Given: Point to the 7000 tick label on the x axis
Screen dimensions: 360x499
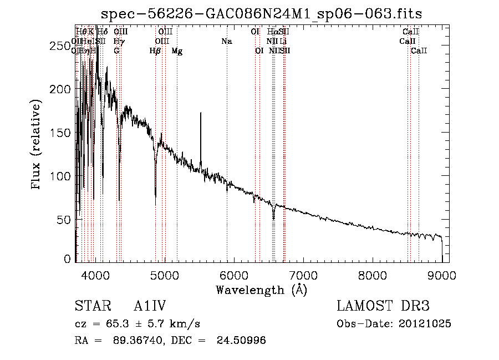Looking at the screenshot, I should coord(303,275).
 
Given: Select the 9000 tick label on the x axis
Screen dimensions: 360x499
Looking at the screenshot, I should coord(442,275).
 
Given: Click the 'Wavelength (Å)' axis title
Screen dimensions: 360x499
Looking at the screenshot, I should coord(261,290).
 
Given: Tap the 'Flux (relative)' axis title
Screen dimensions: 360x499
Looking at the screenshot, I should coord(37,145).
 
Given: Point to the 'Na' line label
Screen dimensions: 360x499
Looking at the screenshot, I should coord(226,41).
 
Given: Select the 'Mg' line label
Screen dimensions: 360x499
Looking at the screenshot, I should coord(177,50).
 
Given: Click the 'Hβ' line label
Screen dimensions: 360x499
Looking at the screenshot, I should coord(155,50).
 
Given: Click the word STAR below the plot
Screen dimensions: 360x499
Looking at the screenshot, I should coord(89,306).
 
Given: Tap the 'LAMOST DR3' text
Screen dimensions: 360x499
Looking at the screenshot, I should coord(383,306).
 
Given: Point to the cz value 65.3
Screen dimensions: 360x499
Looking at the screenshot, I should coord(126,323).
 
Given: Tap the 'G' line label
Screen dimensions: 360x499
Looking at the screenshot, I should coord(116,50).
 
